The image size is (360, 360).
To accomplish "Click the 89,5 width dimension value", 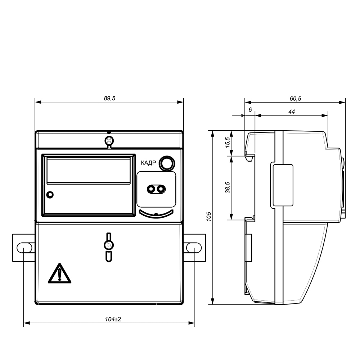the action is [109, 99].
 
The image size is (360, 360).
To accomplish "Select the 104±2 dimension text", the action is [113, 319].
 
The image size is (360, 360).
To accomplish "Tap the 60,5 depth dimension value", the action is [296, 99].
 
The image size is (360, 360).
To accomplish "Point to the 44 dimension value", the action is [292, 112].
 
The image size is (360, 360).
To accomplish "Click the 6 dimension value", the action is [250, 110].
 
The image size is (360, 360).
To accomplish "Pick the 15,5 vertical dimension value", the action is [227, 142].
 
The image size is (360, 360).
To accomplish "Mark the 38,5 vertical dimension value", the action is [227, 188].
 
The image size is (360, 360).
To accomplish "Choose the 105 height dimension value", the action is [209, 216].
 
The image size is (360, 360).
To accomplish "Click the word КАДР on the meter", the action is [148, 163].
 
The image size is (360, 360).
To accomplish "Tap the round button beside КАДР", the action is [167, 163].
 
